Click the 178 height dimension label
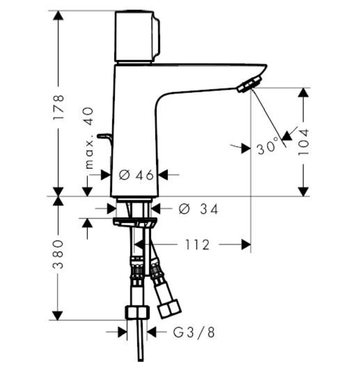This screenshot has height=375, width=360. (58, 107)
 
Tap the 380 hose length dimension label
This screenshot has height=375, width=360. (58, 254)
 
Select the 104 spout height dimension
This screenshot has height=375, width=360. (304, 142)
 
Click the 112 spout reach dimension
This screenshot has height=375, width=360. (198, 245)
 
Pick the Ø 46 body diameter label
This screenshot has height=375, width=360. (136, 175)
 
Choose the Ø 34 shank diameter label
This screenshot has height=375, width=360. (198, 209)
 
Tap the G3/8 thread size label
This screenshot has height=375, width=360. (194, 332)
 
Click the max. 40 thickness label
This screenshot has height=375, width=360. (90, 138)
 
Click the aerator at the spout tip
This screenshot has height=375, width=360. (250, 84)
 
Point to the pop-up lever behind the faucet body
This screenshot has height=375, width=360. (105, 139)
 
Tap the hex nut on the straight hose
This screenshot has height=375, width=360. (137, 312)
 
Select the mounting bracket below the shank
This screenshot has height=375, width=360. (135, 222)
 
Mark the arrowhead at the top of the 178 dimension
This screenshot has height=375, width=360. (58, 15)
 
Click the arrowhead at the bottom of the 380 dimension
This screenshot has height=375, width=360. (58, 315)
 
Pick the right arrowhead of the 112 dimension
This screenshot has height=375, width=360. (246, 244)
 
